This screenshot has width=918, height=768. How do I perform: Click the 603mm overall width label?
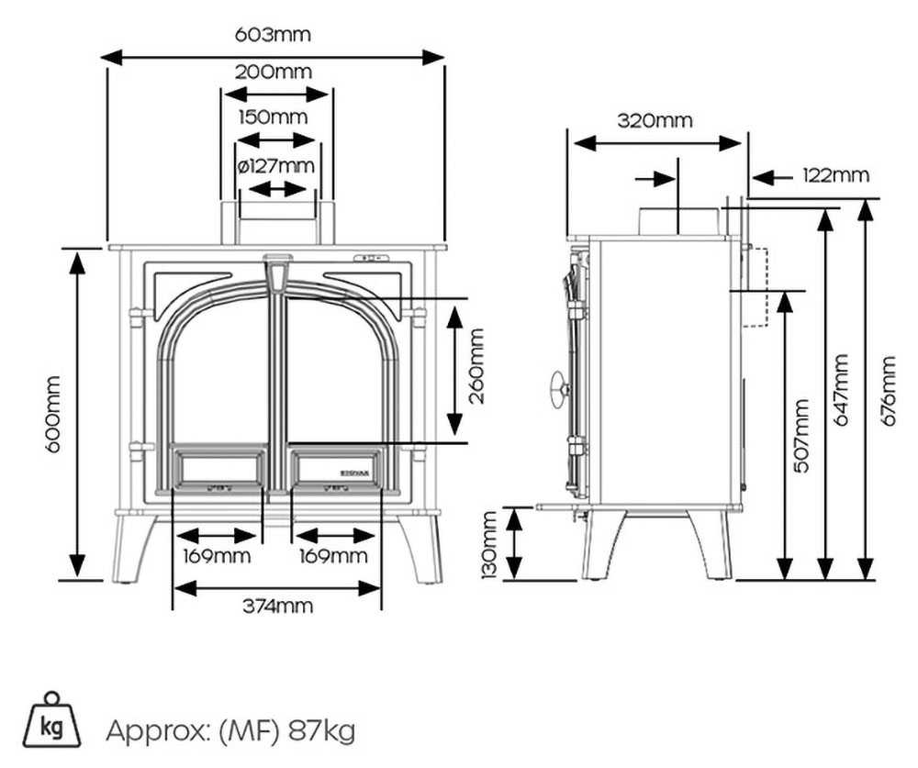[x=273, y=36]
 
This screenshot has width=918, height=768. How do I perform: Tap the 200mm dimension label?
[x=273, y=72]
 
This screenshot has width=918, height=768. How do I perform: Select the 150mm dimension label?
[x=273, y=117]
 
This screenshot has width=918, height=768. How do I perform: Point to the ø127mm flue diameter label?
[x=275, y=166]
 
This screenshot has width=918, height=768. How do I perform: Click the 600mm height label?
[x=53, y=413]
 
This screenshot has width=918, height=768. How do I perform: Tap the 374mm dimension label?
[x=277, y=606]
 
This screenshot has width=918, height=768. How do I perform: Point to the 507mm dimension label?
[x=801, y=436]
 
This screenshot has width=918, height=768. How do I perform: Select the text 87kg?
[x=320, y=731]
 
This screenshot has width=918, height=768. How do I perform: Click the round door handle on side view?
[x=558, y=386]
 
